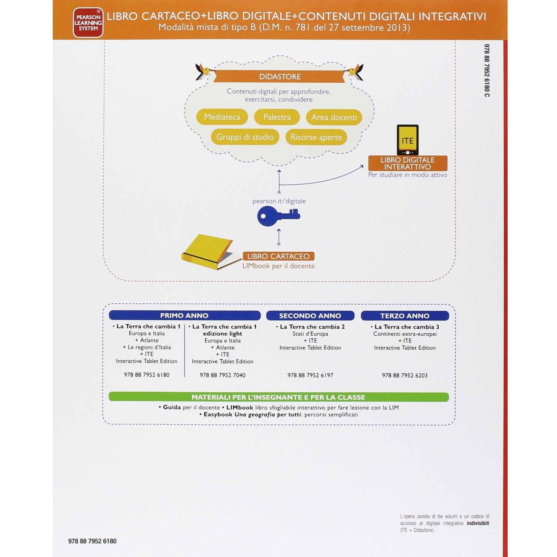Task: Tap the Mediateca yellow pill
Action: click(x=222, y=117)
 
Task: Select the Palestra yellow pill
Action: click(x=277, y=117)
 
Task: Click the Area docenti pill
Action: click(x=334, y=117)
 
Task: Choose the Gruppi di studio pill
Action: click(x=245, y=137)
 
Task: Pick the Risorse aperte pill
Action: click(x=316, y=137)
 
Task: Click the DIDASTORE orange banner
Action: click(x=280, y=76)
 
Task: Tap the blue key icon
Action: click(x=278, y=216)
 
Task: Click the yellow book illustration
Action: click(x=208, y=252)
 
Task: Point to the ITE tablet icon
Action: click(x=407, y=140)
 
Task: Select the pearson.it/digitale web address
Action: click(x=279, y=201)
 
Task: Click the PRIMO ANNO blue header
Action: click(x=184, y=316)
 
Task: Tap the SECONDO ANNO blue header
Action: click(x=310, y=316)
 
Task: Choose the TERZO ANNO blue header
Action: click(x=405, y=316)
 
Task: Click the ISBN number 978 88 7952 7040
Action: click(x=223, y=375)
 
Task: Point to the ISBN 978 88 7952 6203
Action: click(x=405, y=375)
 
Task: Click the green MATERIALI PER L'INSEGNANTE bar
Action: click(x=278, y=397)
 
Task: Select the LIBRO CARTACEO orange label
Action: click(x=278, y=256)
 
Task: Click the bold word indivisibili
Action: click(x=478, y=523)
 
